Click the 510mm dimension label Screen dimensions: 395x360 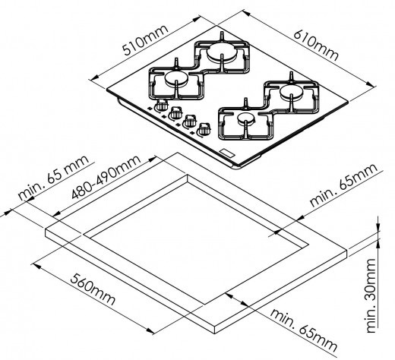(x=145, y=40)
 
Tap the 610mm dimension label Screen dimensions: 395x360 (x=316, y=45)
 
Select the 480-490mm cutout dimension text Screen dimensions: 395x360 (x=106, y=176)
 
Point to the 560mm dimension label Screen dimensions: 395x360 (x=93, y=289)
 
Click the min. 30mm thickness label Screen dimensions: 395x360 (x=371, y=295)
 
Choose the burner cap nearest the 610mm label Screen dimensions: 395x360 (x=291, y=92)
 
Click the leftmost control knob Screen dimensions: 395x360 (x=162, y=104)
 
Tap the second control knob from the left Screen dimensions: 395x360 (x=175, y=112)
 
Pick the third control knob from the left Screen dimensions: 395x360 (x=190, y=121)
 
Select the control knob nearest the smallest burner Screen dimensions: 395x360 (x=204, y=129)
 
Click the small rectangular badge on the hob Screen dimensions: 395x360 (x=227, y=153)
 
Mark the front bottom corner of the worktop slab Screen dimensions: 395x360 (x=215, y=333)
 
